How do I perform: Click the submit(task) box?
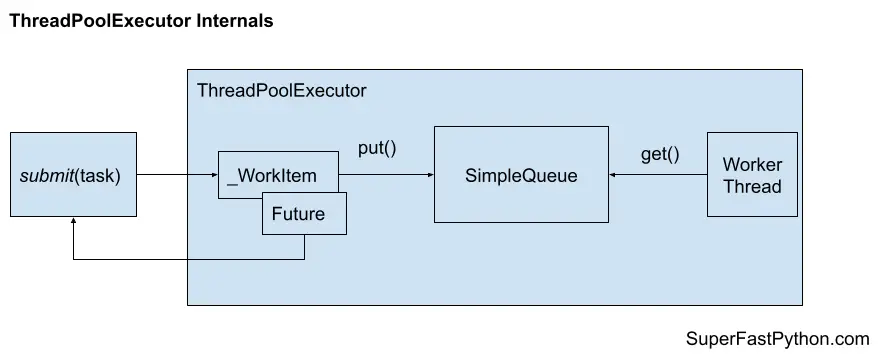click(73, 175)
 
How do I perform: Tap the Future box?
click(305, 214)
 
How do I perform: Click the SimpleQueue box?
click(521, 175)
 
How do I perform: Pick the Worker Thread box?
click(752, 175)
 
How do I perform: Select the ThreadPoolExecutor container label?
click(281, 91)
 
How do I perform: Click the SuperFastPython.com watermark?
click(779, 339)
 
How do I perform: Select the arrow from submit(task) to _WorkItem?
click(177, 175)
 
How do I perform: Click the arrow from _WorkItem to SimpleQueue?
click(385, 175)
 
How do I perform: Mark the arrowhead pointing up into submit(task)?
click(74, 222)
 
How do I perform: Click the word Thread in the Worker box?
click(752, 186)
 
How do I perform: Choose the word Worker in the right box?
click(752, 165)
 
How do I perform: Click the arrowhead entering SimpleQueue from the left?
click(429, 175)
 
